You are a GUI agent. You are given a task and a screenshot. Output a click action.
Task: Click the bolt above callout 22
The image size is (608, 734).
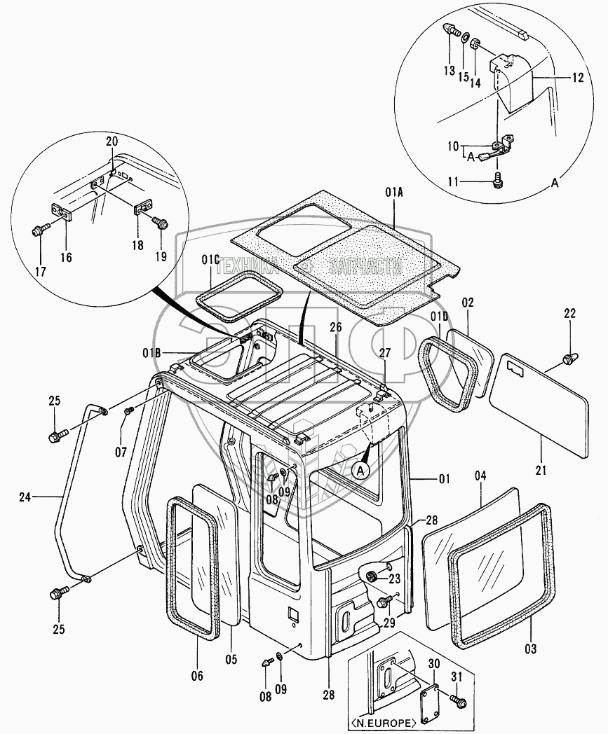coord(569,359)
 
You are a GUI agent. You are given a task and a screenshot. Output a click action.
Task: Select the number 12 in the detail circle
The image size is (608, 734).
coord(577,78)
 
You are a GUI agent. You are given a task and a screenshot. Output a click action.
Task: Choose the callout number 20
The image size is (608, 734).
coord(112,141)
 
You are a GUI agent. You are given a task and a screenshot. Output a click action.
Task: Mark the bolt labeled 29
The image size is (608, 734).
coord(384,602)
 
